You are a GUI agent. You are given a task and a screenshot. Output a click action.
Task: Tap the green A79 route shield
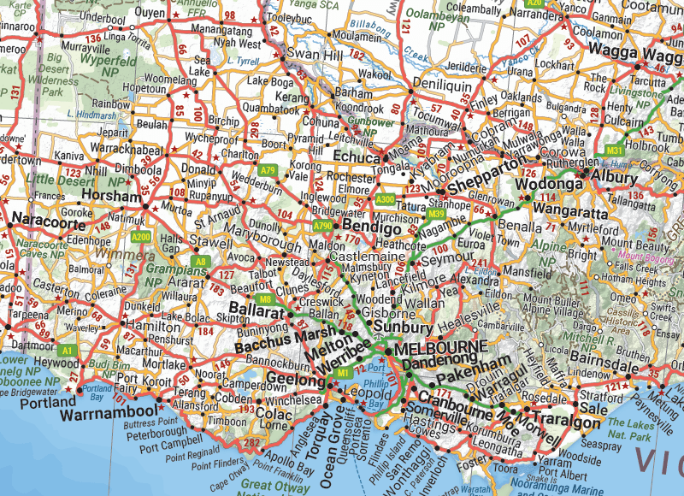click(x=268, y=170)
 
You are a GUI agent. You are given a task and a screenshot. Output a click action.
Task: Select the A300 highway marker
click(x=385, y=199)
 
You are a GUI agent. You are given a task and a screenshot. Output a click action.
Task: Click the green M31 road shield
click(x=614, y=151)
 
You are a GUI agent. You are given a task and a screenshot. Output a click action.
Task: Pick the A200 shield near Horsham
click(x=142, y=237)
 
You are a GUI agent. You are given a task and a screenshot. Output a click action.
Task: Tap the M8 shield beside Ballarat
click(x=266, y=298)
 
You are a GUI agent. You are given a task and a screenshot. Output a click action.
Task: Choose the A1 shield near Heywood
click(x=68, y=351)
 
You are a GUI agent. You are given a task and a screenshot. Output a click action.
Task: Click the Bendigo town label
click(x=372, y=229)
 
